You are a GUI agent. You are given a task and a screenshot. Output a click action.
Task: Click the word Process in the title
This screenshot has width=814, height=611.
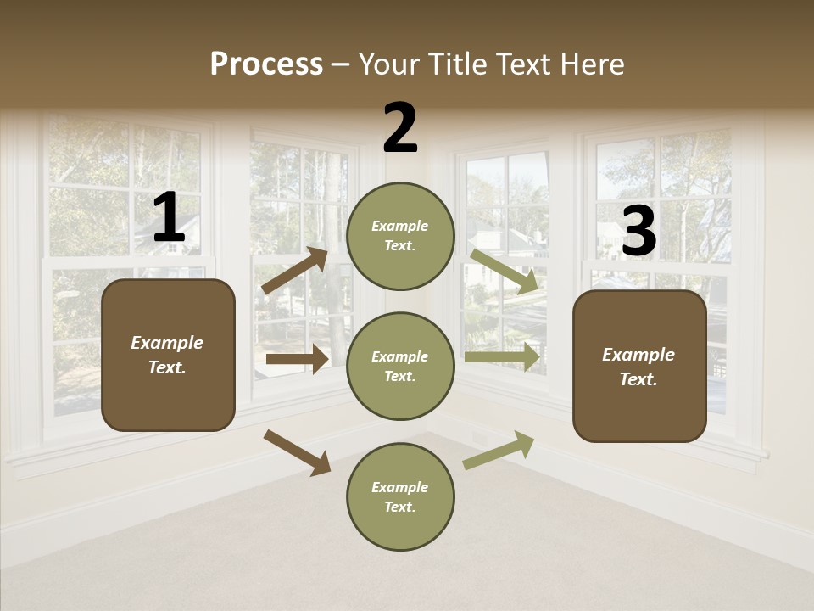266,64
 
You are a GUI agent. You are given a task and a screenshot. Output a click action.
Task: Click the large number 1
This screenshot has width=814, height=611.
169,218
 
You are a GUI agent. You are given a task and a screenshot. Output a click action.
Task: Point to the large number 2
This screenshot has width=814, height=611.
400,128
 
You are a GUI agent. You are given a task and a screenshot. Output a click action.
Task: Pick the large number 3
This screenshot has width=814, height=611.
638,231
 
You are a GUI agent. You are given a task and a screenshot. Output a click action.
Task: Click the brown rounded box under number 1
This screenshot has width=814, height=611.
168,355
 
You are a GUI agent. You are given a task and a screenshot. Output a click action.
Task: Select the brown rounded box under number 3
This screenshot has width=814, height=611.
639,367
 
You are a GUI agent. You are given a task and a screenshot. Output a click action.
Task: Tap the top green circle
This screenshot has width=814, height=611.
400,236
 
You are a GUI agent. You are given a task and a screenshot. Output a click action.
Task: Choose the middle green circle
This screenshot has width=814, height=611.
400,367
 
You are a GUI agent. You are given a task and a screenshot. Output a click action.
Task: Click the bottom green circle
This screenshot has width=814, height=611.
400,497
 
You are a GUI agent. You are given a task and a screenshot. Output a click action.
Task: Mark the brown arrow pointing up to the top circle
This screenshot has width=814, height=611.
294,271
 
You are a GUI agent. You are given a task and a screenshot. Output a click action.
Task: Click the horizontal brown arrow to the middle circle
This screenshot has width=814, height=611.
297,359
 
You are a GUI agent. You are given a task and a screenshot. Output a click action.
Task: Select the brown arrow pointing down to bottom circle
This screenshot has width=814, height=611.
297,452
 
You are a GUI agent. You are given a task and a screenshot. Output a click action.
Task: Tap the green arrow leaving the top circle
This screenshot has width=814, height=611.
505,271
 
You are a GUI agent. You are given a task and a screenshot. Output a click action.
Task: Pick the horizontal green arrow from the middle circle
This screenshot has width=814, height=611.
502,357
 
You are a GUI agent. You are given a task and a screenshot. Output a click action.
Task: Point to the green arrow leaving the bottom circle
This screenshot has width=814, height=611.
499,450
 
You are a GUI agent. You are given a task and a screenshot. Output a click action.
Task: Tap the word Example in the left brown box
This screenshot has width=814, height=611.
167,343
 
